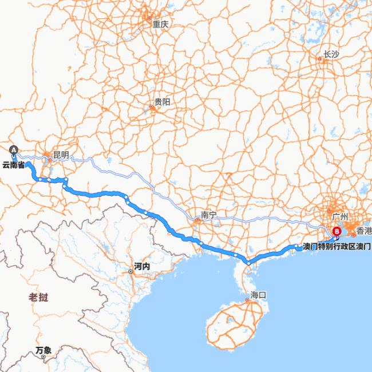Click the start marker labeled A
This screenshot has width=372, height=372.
tap(14, 150)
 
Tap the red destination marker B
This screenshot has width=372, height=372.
tap(337, 232)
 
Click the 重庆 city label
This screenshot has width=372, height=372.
tap(160, 25)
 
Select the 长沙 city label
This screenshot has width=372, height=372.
tap(331, 55)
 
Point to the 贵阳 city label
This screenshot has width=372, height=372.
tap(162, 102)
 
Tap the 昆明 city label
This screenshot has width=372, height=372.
tap(61, 155)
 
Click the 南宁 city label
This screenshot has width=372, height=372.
tap(209, 215)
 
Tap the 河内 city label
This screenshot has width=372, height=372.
tap(142, 267)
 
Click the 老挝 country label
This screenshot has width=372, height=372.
tap(38, 297)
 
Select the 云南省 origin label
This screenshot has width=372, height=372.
tap(13, 165)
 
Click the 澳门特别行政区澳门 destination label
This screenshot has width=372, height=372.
tap(337, 247)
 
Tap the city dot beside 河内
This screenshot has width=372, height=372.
tap(131, 271)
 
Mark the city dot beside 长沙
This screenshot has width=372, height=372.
tap(320, 58)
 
